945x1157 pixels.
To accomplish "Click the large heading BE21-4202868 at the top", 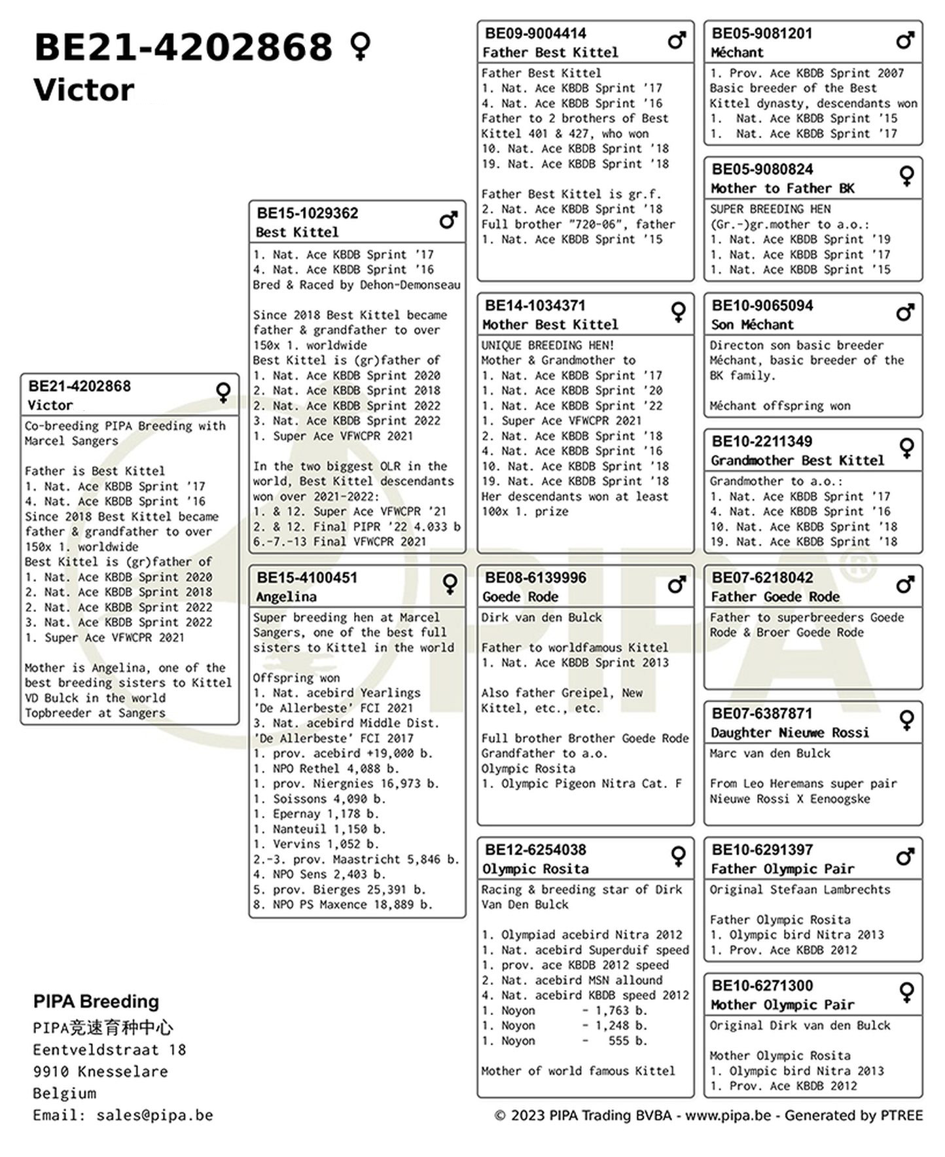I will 183,47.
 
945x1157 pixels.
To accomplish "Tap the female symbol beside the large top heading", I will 361,46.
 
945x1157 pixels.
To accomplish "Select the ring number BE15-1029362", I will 307,213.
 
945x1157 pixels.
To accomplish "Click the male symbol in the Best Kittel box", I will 448,221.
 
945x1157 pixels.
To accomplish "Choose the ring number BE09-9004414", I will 535,33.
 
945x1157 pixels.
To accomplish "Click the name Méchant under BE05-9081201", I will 737,52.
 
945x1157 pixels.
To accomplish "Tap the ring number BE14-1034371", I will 535,306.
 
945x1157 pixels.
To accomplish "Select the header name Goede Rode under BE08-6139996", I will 520,597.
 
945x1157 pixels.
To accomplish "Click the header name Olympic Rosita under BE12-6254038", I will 535,869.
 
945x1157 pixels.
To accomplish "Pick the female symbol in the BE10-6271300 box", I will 906,992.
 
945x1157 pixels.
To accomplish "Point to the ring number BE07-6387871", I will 762,714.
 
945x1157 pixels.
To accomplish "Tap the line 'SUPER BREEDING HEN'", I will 770,209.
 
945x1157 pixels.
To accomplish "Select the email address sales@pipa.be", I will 154,1115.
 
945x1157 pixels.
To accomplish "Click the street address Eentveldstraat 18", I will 109,1050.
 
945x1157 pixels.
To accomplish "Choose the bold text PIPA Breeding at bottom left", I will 96,1001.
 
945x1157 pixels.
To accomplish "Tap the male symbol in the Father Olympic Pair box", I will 905,856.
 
